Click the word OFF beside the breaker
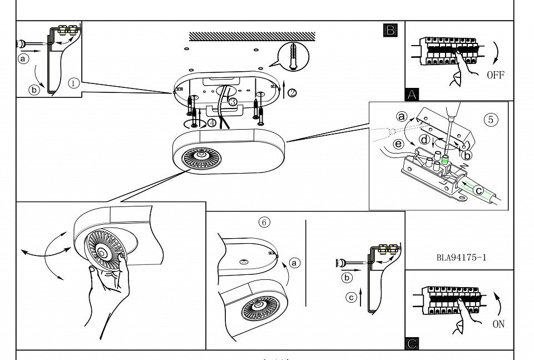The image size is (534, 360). [x=496, y=75]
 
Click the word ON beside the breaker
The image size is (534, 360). [x=499, y=324]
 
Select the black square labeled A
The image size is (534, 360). [x=412, y=95]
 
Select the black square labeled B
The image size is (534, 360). [x=390, y=30]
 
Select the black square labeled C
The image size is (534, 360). [x=412, y=344]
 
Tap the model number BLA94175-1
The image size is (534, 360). [x=462, y=258]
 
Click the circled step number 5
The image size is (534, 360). [x=491, y=120]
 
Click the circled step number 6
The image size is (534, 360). [x=265, y=222]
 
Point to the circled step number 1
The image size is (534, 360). [x=73, y=83]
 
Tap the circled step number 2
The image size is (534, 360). [x=292, y=93]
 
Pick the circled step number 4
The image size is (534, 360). [x=212, y=122]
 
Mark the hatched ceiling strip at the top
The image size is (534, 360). [x=252, y=36]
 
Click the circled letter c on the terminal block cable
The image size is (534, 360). [x=478, y=189]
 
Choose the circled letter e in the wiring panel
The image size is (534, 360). [x=398, y=144]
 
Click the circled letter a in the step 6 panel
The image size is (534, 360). [x=295, y=262]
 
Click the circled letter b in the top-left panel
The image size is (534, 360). [x=34, y=89]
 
